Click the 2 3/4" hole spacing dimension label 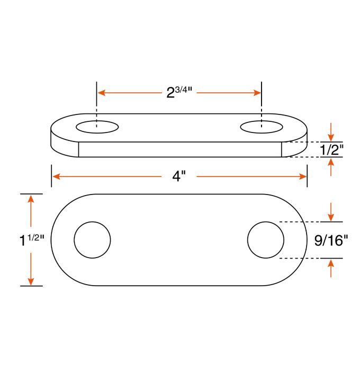(178, 93)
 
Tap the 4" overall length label (179, 177)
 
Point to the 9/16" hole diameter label (331, 241)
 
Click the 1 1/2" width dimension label (31, 240)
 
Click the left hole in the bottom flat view (92, 240)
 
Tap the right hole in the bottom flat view (265, 240)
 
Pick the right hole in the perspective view (261, 127)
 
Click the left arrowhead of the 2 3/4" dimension (101, 93)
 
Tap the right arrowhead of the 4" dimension (303, 176)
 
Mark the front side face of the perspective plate (180, 149)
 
